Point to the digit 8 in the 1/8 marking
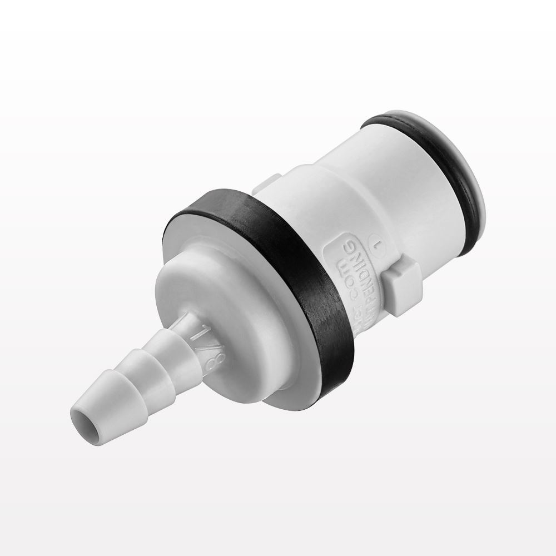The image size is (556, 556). coord(196,359)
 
